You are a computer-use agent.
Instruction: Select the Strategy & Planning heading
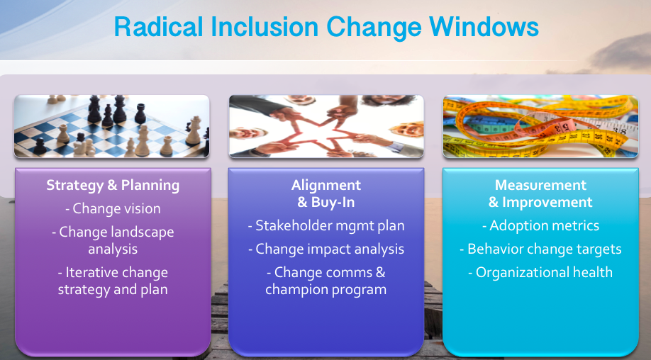113,185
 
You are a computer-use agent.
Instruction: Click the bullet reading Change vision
113,208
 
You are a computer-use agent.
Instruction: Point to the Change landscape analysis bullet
113,240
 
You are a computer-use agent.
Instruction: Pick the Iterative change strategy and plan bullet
113,281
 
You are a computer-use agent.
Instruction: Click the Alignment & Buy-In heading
326,193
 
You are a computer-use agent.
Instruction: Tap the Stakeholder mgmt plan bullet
326,225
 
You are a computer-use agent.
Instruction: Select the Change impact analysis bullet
326,249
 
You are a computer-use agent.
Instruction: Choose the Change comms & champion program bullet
326,281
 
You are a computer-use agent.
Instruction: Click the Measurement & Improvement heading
540,193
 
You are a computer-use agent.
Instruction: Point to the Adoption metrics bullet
540,225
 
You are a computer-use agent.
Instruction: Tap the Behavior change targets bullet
540,249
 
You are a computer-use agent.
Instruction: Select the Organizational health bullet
540,273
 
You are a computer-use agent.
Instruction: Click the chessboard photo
111,126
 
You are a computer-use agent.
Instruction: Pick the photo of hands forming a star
326,126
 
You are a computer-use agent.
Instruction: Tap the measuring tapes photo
540,126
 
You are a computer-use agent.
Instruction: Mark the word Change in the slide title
374,28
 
